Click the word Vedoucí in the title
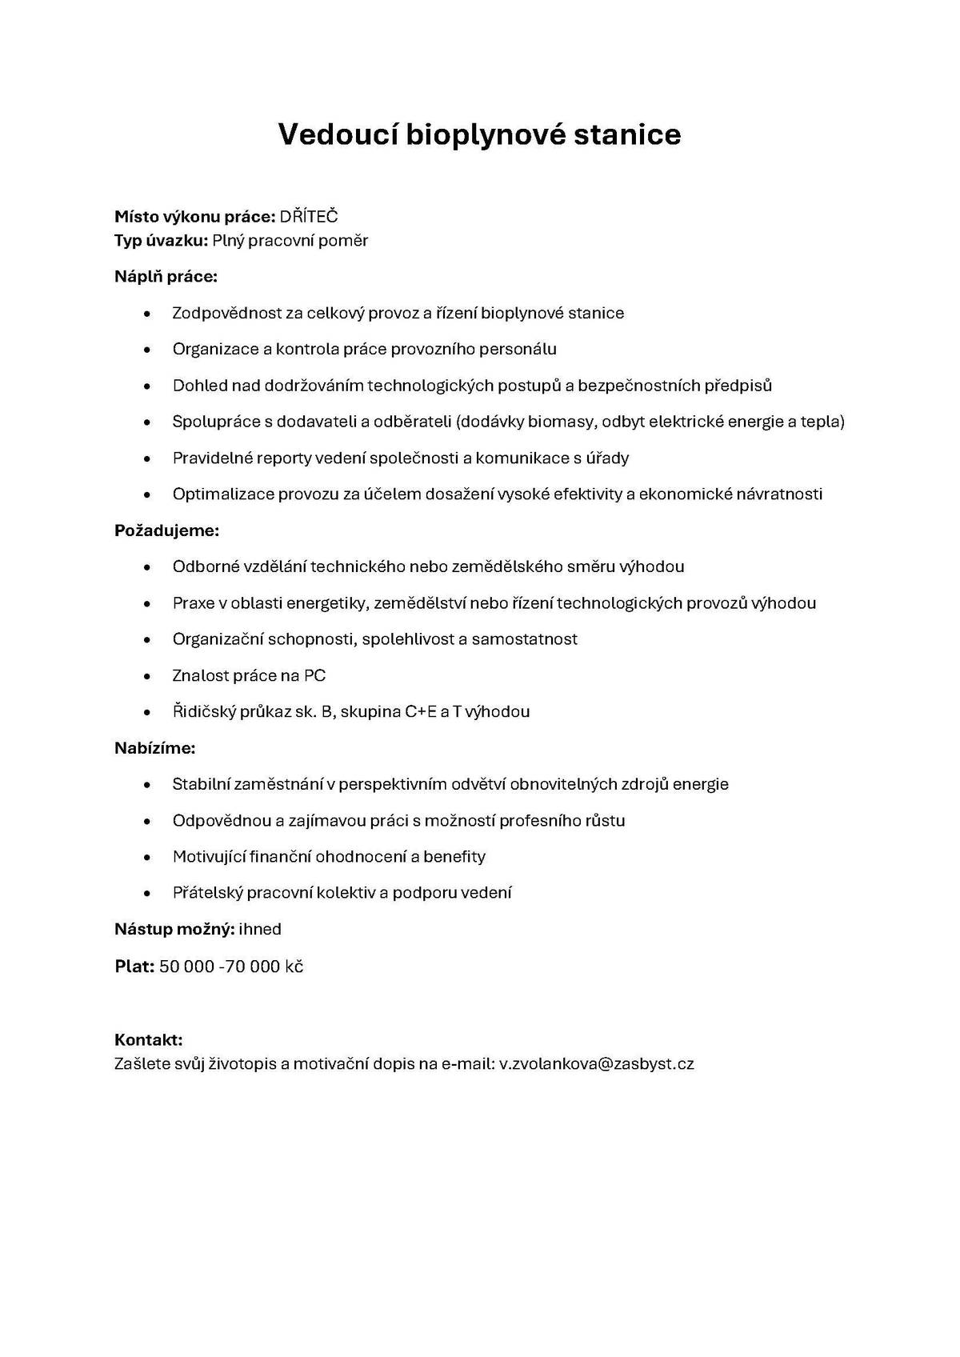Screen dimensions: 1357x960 click(x=338, y=134)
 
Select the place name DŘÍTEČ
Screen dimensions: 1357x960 click(x=309, y=217)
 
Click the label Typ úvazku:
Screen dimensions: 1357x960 click(x=161, y=241)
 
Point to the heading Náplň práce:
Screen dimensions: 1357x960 click(x=166, y=277)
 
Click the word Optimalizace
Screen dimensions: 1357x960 click(x=223, y=494)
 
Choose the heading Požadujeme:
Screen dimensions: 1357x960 click(x=166, y=530)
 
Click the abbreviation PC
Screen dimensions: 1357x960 click(x=314, y=676)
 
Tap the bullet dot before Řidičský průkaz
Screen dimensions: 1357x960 click(x=146, y=712)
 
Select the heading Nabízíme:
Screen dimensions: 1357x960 click(x=154, y=748)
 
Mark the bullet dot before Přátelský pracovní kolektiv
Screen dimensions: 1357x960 click(x=146, y=893)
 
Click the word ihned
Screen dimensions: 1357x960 click(x=260, y=929)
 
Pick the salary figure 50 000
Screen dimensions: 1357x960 click(x=186, y=967)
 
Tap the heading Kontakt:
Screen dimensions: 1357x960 click(x=148, y=1040)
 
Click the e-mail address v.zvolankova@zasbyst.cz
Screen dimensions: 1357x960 click(x=596, y=1064)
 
